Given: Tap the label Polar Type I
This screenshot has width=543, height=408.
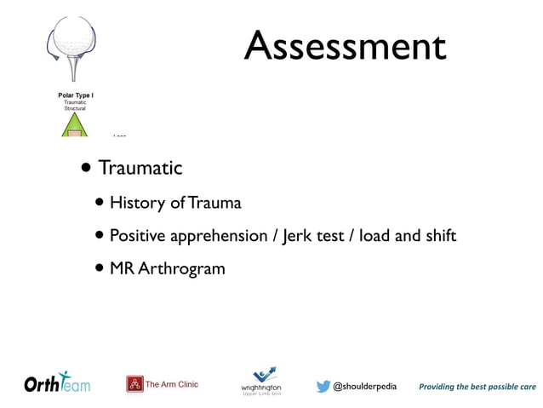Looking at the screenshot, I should pos(75,95).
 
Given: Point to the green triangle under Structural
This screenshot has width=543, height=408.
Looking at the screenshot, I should pos(75,126).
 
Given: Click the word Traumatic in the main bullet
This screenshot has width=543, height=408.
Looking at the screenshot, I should pos(140,168).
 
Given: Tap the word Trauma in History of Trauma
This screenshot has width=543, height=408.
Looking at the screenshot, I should pos(214,203).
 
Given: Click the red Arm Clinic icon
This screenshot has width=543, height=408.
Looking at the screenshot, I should pos(134,384).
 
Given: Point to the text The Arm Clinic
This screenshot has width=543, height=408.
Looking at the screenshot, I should pos(172,384).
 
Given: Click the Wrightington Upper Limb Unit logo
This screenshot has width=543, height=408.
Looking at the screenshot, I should pos(261,382).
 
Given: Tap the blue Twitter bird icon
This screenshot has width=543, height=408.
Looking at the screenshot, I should pos(323,386).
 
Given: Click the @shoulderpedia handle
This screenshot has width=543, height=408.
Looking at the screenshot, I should pos(364,386).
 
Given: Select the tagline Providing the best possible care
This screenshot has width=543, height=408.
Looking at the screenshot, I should pos(477,386).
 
